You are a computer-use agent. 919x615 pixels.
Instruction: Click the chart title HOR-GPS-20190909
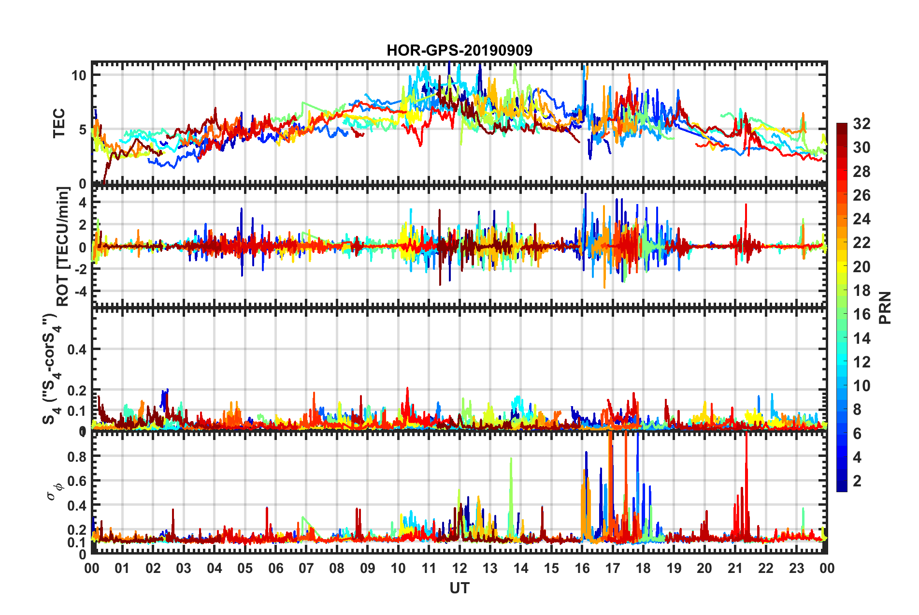tap(459, 50)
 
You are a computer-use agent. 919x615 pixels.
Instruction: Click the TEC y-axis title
tap(58, 123)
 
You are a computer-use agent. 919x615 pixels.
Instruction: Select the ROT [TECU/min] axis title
tap(63, 247)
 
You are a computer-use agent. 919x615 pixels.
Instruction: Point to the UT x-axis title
tap(459, 588)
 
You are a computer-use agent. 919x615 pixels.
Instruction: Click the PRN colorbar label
tap(885, 307)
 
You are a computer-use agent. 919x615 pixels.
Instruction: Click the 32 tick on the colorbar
tap(862, 124)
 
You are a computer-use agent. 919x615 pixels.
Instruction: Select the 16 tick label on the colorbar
tap(862, 314)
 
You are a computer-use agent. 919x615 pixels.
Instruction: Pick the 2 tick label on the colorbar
tap(857, 481)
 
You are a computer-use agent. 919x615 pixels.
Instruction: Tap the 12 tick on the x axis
tap(459, 568)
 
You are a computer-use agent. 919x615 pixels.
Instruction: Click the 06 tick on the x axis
tap(275, 568)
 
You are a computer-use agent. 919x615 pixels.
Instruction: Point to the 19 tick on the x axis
tap(674, 568)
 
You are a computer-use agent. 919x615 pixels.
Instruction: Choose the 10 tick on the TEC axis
tap(79, 75)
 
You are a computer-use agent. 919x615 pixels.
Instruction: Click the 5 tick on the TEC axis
tap(82, 130)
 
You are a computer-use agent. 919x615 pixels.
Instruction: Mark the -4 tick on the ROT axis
tap(79, 292)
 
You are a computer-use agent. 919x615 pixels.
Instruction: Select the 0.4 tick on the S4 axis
tap(76, 349)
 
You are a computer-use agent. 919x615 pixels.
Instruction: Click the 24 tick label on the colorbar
tap(862, 219)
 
